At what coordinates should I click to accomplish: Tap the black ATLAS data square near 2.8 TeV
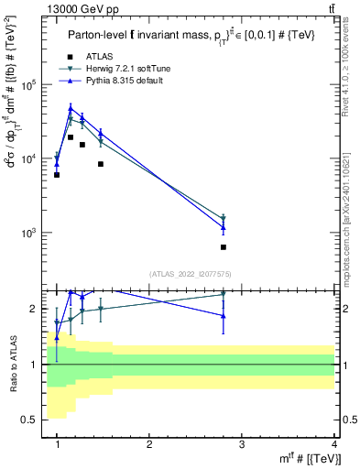coord(224,246)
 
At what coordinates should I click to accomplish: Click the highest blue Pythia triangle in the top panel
coord(71,108)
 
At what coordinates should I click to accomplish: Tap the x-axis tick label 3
coord(242,444)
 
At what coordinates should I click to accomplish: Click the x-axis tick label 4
coord(334,444)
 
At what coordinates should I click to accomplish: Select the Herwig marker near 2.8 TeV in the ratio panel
coord(224,294)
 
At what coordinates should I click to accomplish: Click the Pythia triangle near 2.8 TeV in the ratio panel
coord(224,315)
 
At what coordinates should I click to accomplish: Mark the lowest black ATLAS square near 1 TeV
coord(57,174)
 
